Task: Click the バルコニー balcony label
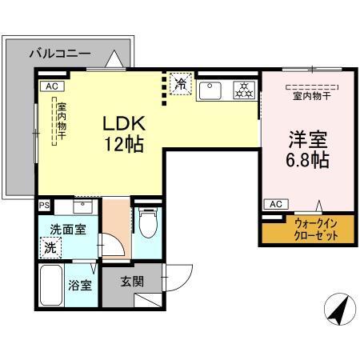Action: (60, 54)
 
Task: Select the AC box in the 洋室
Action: (274, 204)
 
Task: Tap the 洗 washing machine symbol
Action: (52, 249)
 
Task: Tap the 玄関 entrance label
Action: (132, 282)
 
